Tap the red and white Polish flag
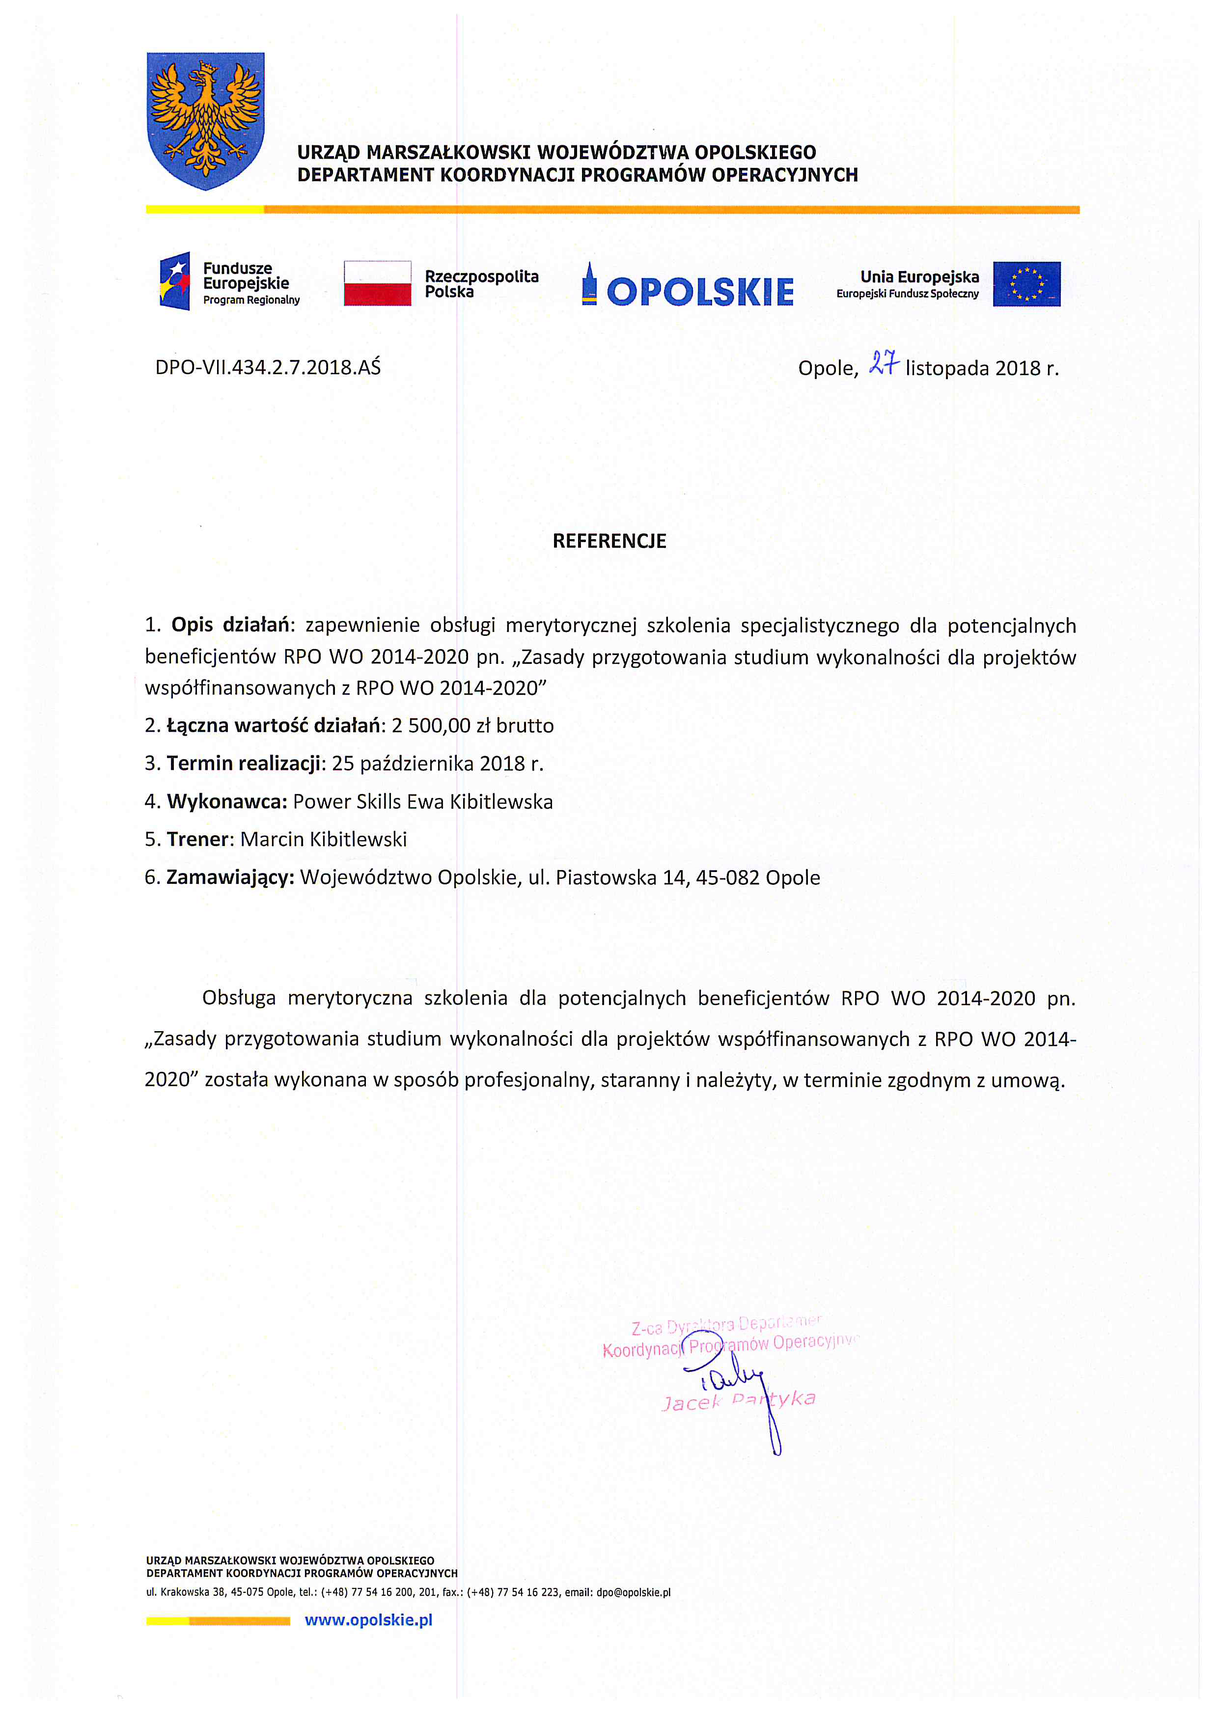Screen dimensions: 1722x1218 (377, 283)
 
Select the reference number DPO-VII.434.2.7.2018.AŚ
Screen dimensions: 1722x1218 (268, 367)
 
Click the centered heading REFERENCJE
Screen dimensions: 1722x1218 (609, 541)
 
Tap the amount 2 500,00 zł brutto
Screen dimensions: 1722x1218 (472, 725)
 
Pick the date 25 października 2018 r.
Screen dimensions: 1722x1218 (437, 764)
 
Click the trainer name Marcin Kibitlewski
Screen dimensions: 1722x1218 (323, 839)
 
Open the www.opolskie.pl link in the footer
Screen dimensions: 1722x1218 (368, 1620)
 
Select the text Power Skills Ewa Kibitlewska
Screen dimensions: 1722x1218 (422, 802)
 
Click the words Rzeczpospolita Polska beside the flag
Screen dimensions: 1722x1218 (481, 283)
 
